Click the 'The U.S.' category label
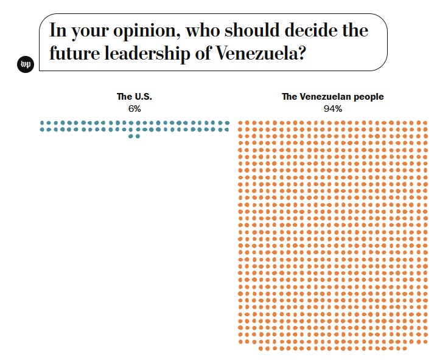click(x=135, y=96)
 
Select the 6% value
click(x=135, y=108)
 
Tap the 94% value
click(x=333, y=108)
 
